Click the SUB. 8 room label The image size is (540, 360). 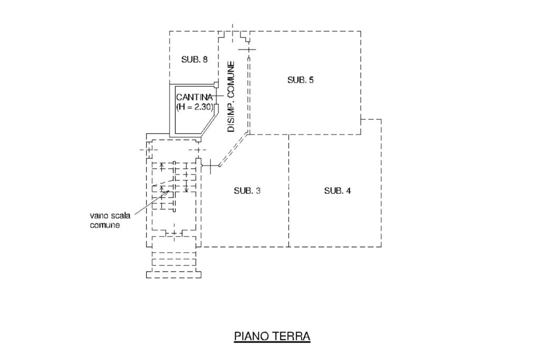point(194,60)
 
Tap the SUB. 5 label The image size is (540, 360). point(301,80)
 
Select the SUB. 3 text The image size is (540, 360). point(247,191)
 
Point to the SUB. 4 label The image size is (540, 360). point(337,191)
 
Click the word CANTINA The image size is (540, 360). point(194,98)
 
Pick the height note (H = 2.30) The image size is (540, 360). point(194,107)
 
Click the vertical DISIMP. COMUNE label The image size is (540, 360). point(231,97)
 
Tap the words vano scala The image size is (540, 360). point(109,216)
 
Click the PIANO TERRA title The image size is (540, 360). point(272,336)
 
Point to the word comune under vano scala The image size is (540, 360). point(105,225)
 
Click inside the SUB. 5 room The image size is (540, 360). point(306,105)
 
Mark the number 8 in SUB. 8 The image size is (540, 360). point(205,60)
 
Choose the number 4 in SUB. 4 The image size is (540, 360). point(348,191)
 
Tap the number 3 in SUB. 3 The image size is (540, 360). point(258,191)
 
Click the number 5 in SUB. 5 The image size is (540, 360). point(312,80)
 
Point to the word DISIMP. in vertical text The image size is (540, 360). point(231,117)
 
